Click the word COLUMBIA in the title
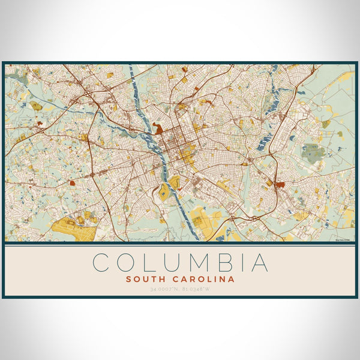180,263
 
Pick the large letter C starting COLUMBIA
102,263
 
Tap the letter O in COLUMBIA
125,263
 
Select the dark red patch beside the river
158,128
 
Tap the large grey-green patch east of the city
313,153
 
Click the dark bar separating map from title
180,245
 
